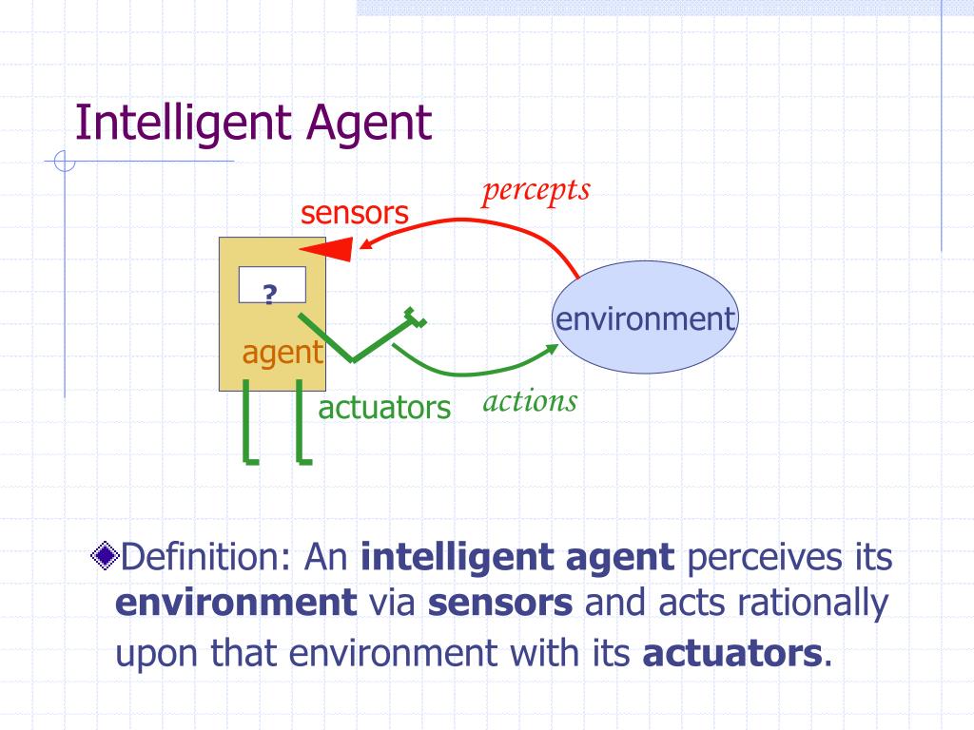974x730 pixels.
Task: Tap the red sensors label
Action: pos(355,213)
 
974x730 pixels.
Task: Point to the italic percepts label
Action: pos(536,190)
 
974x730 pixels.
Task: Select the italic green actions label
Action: pos(530,401)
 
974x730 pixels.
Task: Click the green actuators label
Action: pos(383,408)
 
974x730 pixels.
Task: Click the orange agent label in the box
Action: pos(282,353)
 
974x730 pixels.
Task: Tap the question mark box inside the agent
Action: pos(271,285)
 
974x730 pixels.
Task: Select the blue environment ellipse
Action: pos(646,317)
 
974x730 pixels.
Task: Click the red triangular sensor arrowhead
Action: pos(329,250)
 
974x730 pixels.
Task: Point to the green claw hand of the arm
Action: pos(413,318)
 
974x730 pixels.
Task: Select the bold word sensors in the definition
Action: pos(500,604)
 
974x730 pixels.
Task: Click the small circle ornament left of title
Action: pos(65,162)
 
